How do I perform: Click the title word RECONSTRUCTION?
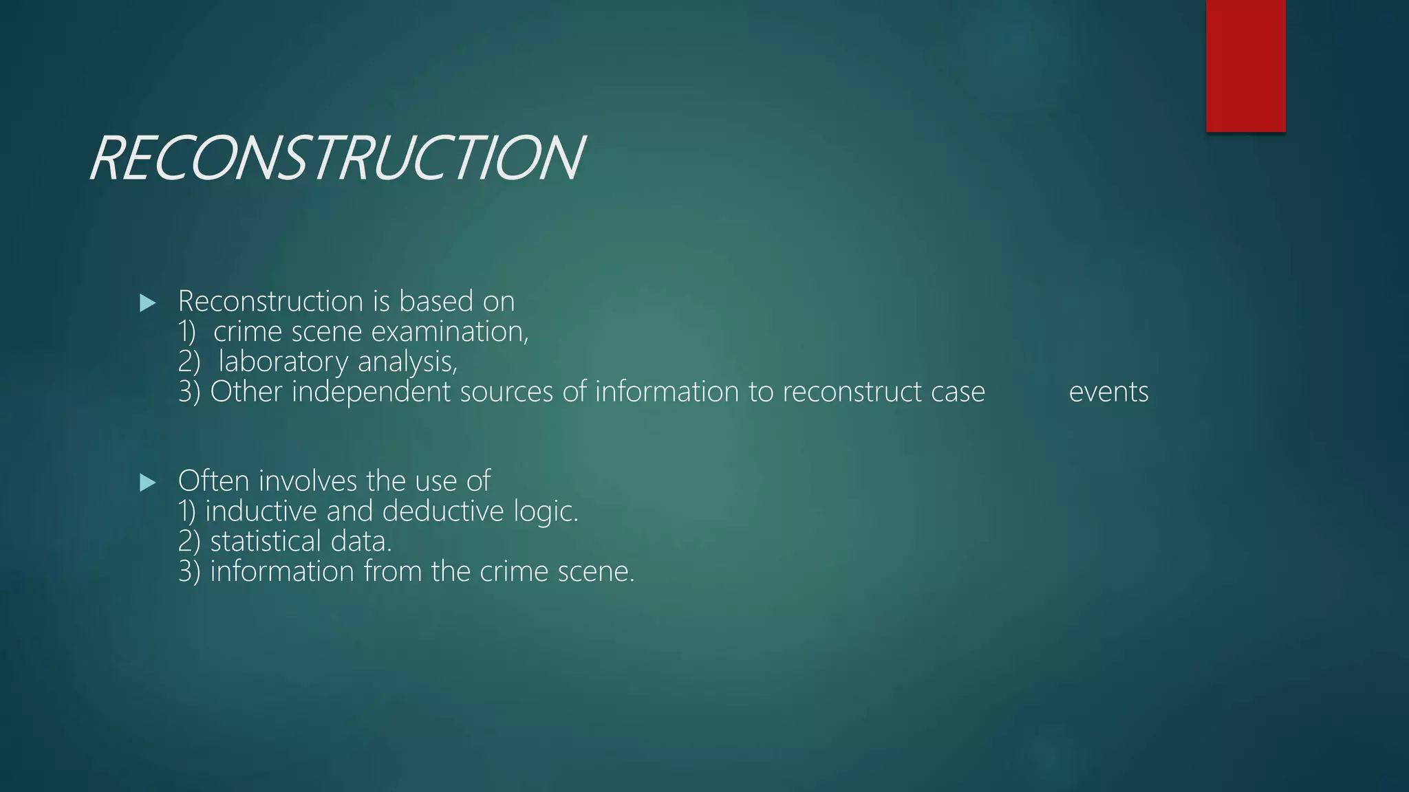[337, 159]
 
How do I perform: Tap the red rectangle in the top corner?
[1245, 65]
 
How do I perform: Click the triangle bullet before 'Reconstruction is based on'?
[147, 303]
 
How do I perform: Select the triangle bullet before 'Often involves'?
[147, 483]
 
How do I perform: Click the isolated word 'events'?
[1108, 393]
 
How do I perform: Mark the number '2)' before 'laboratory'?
[189, 362]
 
